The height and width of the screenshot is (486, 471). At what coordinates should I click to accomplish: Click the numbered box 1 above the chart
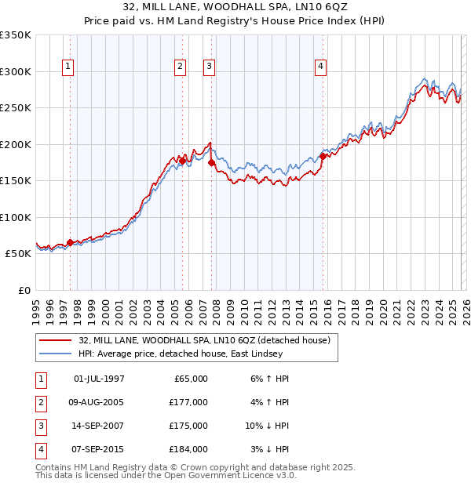pyautogui.click(x=69, y=67)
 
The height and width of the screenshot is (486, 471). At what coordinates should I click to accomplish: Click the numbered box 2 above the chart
pyautogui.click(x=181, y=67)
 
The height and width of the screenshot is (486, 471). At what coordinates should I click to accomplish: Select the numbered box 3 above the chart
pyautogui.click(x=210, y=67)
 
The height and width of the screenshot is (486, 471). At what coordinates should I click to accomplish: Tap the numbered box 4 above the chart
pyautogui.click(x=321, y=67)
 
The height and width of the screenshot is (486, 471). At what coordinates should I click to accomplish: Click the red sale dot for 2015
pyautogui.click(x=323, y=156)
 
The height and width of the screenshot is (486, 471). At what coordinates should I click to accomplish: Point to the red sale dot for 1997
pyautogui.click(x=70, y=243)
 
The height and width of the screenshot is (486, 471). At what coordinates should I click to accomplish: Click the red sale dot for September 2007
pyautogui.click(x=210, y=162)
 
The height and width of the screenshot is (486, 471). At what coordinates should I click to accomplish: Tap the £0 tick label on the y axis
pyautogui.click(x=24, y=291)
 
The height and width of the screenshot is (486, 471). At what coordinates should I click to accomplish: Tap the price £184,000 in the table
pyautogui.click(x=188, y=449)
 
